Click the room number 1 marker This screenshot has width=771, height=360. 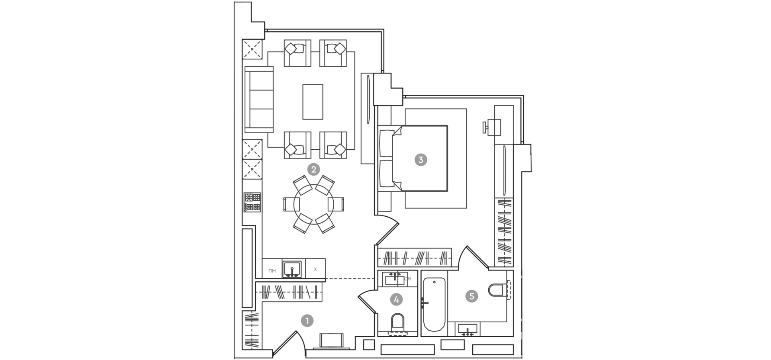[307, 321]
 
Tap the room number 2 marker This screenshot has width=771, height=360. [313, 169]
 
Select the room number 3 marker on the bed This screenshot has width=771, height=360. [420, 159]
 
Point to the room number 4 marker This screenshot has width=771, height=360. [396, 299]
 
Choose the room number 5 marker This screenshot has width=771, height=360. [471, 296]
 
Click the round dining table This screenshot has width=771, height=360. [314, 204]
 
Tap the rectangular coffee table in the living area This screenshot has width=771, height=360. [313, 102]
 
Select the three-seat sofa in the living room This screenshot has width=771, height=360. [259, 100]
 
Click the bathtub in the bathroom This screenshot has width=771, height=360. [434, 304]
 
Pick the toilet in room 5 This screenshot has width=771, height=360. [497, 290]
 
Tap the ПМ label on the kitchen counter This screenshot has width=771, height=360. [272, 271]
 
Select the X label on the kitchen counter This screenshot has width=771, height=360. [315, 269]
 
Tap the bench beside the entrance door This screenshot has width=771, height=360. [331, 340]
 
